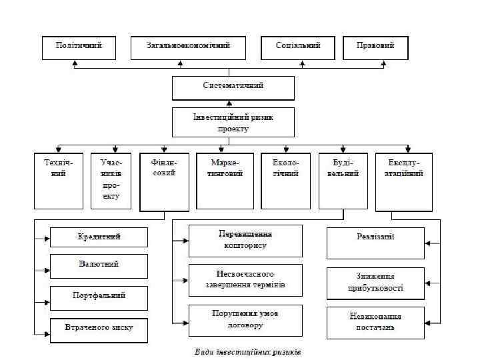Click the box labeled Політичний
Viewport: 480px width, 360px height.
[x=78, y=47]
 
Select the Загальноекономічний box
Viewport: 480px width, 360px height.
[x=189, y=47]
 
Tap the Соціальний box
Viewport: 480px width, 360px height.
[x=299, y=47]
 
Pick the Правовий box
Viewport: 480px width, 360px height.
[x=375, y=47]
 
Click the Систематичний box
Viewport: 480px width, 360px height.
[x=233, y=87]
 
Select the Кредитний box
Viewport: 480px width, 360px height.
[x=99, y=237]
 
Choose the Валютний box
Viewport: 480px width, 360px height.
[x=99, y=265]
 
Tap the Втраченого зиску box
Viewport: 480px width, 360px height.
[x=99, y=328]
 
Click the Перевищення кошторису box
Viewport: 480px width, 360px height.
[x=245, y=241]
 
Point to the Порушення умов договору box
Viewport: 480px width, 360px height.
[x=245, y=320]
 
